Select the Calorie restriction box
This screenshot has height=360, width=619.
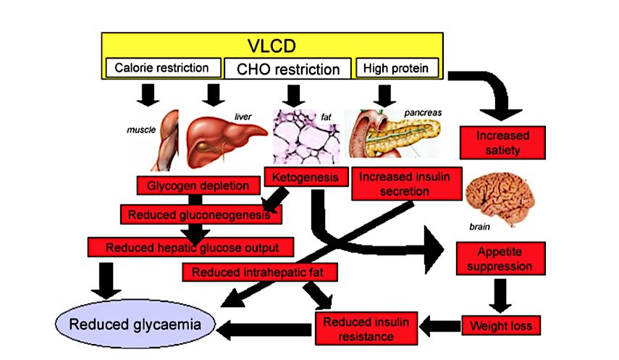pos(163,68)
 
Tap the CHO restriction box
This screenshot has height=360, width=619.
pos(288,69)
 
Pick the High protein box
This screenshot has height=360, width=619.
pos(397,68)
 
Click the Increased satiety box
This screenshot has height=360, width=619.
pos(502,142)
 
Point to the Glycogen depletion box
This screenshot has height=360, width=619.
pos(198,185)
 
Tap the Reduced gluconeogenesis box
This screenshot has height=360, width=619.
pos(201,214)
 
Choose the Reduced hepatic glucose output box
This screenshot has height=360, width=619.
pos(192,247)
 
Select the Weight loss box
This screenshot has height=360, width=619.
pos(501,325)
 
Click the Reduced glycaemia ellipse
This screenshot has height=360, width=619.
pos(135,324)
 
